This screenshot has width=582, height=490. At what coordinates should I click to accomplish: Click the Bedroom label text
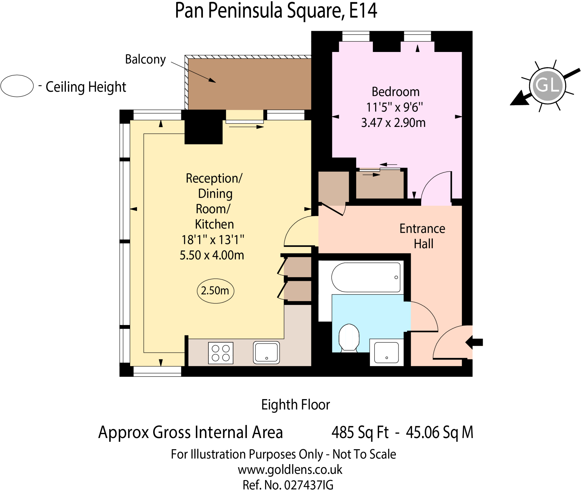coord(395,92)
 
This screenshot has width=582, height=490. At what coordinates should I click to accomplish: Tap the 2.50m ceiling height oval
coord(215,291)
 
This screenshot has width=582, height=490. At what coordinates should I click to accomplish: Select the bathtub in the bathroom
coord(366,277)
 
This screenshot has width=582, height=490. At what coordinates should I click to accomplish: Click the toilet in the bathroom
coord(349,338)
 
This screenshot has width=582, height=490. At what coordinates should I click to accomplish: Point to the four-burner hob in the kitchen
coord(221,353)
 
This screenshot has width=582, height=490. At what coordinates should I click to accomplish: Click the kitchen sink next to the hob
coord(266,352)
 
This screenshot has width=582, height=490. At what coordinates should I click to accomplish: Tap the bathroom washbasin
coord(386,353)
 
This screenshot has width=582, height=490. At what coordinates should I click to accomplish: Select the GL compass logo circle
coord(547,85)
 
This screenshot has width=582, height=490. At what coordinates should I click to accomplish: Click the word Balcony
coord(145,60)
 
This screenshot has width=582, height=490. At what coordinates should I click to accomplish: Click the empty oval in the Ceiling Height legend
coord(17,86)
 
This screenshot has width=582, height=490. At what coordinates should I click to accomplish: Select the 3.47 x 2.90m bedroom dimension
coord(393,123)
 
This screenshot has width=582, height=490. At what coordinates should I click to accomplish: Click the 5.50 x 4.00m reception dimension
coord(212,255)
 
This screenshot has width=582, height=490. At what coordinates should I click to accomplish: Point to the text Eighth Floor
coord(296,405)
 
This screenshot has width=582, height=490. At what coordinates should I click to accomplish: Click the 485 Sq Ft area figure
coord(360,432)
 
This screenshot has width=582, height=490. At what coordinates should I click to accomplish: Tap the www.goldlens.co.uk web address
coord(290,470)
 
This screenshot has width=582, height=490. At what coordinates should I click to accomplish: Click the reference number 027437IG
coord(309,485)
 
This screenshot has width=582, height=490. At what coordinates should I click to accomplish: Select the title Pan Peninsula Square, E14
coord(276,11)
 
